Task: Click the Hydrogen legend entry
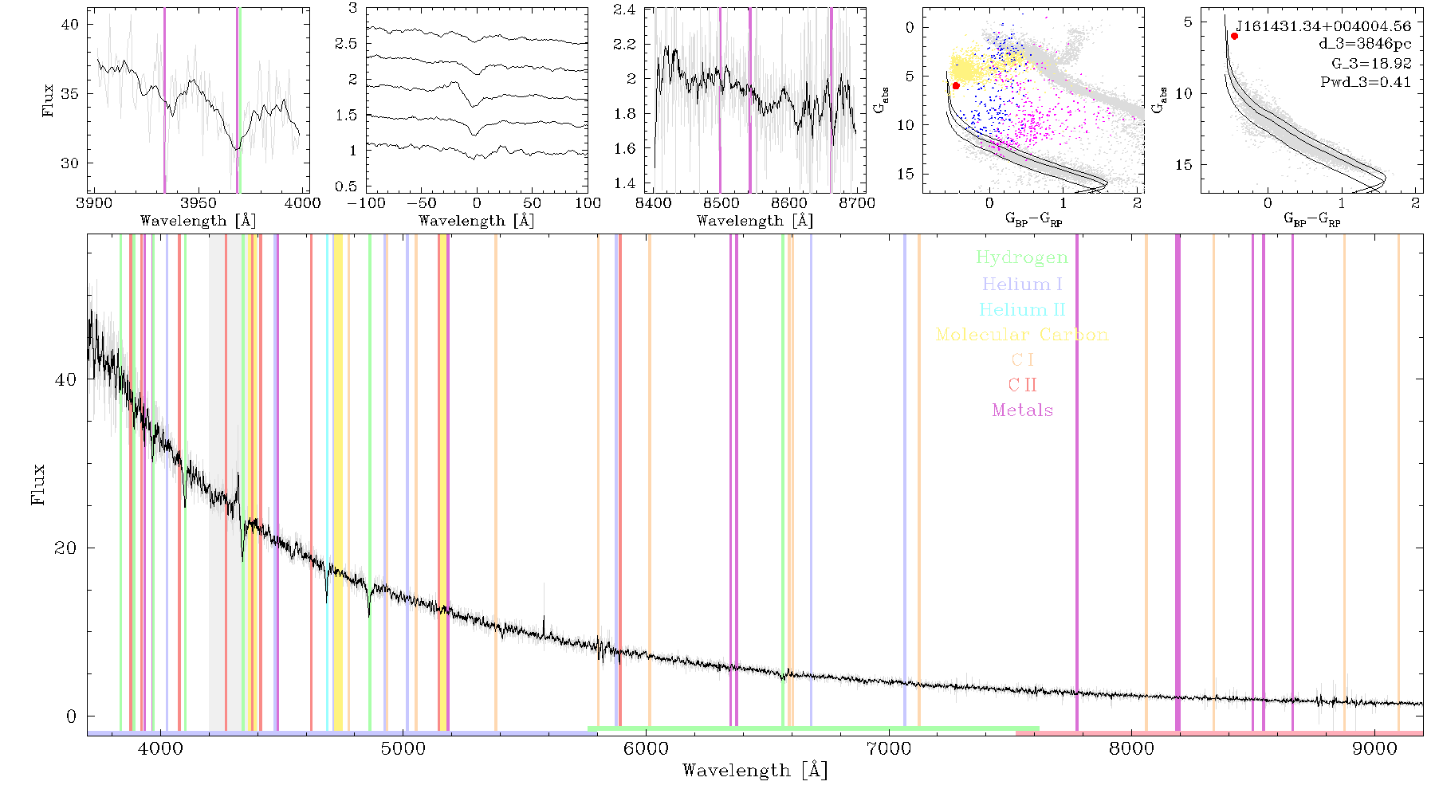[1022, 257]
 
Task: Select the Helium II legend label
[1022, 309]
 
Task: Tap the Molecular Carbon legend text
[1022, 335]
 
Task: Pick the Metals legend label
[1023, 410]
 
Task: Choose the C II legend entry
[1023, 385]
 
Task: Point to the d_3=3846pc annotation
[1364, 45]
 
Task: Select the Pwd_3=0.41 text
[1366, 81]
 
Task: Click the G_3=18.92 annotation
[1371, 63]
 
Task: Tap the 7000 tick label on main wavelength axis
[889, 748]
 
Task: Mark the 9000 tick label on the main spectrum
[1374, 748]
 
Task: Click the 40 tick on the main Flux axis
[65, 379]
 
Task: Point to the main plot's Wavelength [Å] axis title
[755, 771]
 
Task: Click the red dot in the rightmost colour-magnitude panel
[1234, 36]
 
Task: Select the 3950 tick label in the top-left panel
[199, 202]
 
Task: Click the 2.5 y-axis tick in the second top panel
[346, 44]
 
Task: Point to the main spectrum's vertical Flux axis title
[37, 485]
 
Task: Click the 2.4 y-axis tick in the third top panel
[624, 10]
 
